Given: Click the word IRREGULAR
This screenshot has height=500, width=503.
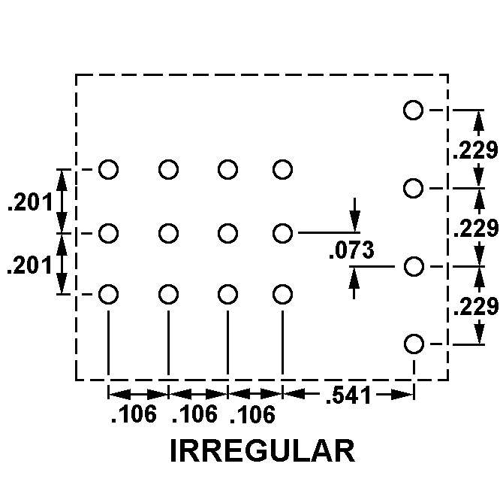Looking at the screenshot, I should click(x=262, y=450).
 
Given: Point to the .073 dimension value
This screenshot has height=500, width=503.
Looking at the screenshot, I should click(x=351, y=250).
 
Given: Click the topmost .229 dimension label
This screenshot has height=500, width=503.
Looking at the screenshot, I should click(x=474, y=150).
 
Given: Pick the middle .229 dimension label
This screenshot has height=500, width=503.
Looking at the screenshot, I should click(x=474, y=228).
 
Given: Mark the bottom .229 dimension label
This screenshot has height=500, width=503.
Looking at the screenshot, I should click(x=474, y=306).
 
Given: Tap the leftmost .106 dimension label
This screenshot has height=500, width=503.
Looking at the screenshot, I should click(x=134, y=414).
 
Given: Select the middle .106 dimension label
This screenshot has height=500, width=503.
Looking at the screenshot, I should click(x=194, y=414).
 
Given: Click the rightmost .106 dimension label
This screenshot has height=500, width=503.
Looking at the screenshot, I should click(x=252, y=414).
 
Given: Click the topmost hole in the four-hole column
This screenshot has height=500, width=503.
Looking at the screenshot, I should click(x=413, y=110).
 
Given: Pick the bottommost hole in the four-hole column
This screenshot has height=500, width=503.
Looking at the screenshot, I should click(x=413, y=344).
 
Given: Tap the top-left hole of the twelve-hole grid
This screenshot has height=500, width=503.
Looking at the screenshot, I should click(x=109, y=170).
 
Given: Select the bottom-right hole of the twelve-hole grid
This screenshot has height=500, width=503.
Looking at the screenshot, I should click(x=282, y=294).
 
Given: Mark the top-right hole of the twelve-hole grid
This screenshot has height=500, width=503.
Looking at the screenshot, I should click(x=282, y=170).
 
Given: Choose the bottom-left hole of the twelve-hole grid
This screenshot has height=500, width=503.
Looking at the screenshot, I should click(x=109, y=294).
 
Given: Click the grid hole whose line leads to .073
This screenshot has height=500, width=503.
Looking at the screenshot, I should click(x=282, y=234).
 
